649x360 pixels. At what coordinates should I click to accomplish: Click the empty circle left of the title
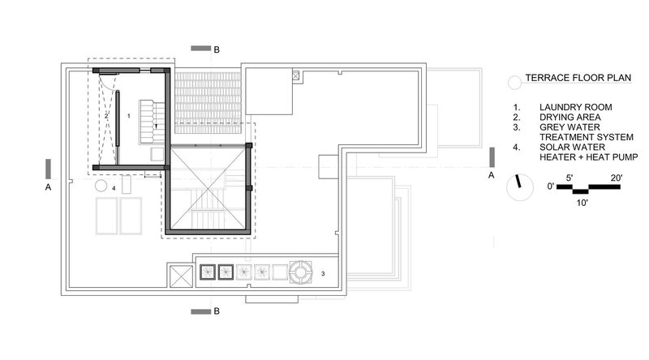pyautogui.click(x=513, y=82)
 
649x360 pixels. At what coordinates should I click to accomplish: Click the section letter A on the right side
pyautogui.click(x=489, y=174)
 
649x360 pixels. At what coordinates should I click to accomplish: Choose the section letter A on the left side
pyautogui.click(x=49, y=186)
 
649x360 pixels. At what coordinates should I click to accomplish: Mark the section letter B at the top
pyautogui.click(x=217, y=50)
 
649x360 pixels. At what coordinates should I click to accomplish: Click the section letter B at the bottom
pyautogui.click(x=217, y=311)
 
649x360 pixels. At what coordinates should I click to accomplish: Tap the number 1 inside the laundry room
pyautogui.click(x=129, y=117)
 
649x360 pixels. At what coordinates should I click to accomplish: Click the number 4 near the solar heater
pyautogui.click(x=114, y=188)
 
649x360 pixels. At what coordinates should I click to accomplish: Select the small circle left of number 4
pyautogui.click(x=101, y=186)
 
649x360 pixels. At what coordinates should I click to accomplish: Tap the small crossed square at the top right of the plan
pyautogui.click(x=296, y=76)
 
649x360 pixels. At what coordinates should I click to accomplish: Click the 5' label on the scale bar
pyautogui.click(x=572, y=178)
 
